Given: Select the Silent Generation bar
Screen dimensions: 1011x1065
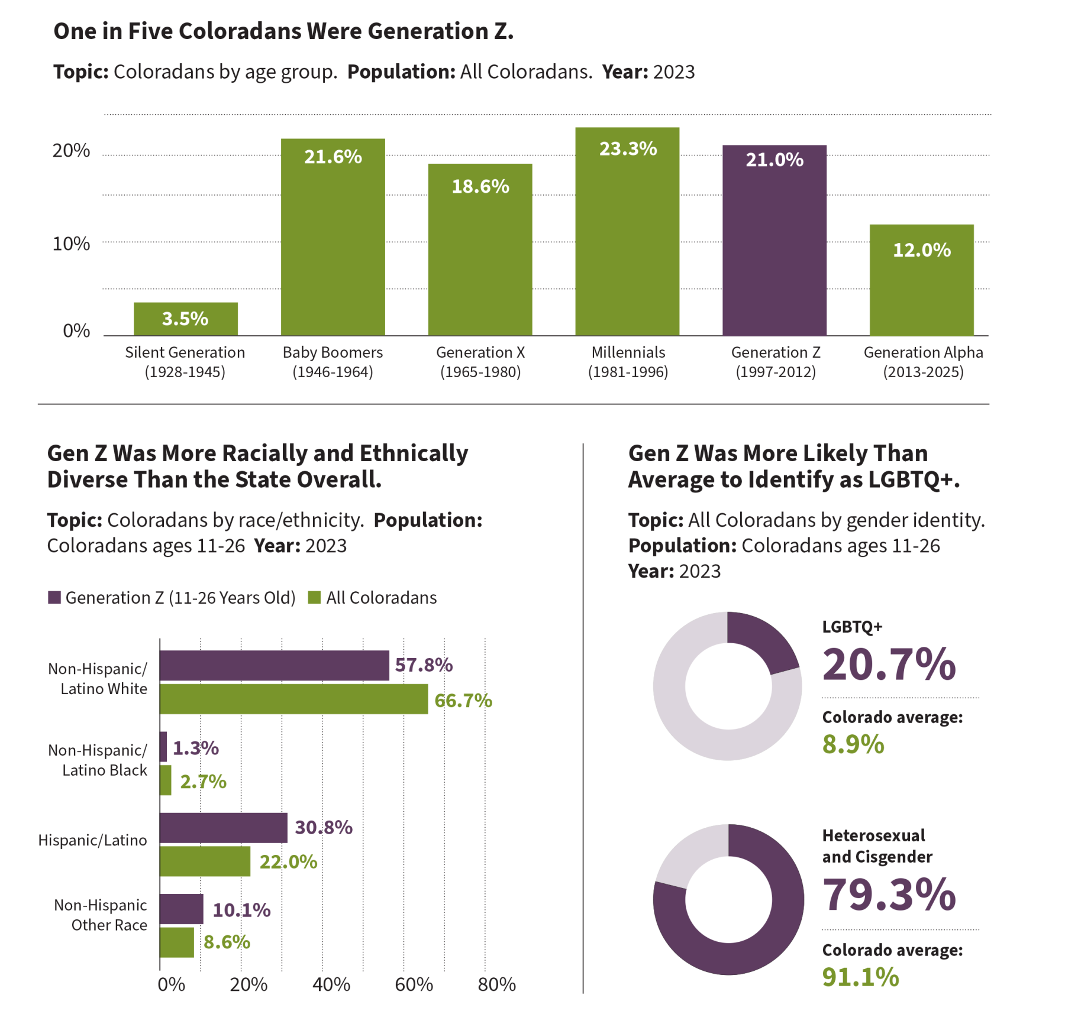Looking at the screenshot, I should click(x=186, y=319).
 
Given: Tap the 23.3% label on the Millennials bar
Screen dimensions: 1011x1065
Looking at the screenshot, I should click(x=628, y=149).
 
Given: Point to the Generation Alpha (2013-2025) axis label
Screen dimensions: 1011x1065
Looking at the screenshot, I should click(x=923, y=362).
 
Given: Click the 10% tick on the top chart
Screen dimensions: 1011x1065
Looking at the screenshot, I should click(x=71, y=244).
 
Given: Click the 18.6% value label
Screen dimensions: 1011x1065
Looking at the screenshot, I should click(x=480, y=187).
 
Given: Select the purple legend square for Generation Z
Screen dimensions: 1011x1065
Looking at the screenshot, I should click(x=54, y=597).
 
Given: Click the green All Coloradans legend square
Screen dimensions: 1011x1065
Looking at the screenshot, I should click(x=314, y=597).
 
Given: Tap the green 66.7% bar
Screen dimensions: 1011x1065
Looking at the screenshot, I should click(x=294, y=699).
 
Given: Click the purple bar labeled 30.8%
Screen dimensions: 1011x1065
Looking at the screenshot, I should click(x=224, y=827).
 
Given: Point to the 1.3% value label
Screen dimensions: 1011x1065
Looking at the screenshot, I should click(x=196, y=748).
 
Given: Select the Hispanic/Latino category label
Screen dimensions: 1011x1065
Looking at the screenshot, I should click(x=92, y=840).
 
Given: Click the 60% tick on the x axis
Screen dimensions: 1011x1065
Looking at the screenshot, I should click(x=414, y=984).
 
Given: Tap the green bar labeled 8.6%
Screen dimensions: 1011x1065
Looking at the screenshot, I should click(x=176, y=942).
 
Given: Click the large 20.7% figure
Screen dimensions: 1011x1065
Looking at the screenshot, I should click(x=889, y=665).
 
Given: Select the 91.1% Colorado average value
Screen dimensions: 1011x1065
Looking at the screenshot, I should click(x=860, y=977).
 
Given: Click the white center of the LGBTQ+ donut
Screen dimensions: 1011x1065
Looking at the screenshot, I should click(x=728, y=686).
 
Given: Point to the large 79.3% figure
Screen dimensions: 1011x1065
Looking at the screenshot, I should click(x=889, y=895).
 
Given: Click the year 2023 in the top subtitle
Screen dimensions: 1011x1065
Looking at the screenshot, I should click(x=674, y=72).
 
